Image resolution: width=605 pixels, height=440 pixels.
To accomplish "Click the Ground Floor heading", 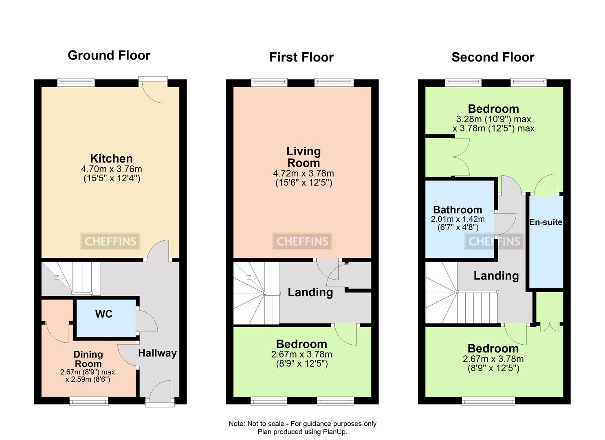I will pos(109,55).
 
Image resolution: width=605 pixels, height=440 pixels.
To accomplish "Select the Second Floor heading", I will pos(493,57).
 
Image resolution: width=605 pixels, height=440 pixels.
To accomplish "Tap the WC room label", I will pos(103,314).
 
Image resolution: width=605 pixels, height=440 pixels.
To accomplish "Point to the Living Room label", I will pos(304,157).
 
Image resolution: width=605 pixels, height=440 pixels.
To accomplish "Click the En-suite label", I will pos(546,222).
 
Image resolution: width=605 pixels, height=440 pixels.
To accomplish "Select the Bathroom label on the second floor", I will pos(457,210).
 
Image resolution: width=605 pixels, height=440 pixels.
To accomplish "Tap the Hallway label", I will pos(157,353).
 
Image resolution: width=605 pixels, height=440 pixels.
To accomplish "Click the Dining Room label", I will pos(88,359).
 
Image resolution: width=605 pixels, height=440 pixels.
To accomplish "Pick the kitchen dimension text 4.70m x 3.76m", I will pos(112,169).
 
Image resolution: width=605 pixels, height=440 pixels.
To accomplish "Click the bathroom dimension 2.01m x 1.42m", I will pos(458,219).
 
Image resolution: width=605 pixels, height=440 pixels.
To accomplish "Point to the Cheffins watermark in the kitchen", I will pos(110,242).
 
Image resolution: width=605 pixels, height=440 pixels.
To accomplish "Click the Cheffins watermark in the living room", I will pos(302,242).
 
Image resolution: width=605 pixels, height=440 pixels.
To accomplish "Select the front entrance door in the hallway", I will pos(160,392).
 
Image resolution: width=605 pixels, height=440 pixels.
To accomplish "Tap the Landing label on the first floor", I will pos(310,292).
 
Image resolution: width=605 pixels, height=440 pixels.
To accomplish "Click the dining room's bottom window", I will pos(89,401).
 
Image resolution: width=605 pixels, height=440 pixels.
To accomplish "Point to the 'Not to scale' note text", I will pos(302,424).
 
